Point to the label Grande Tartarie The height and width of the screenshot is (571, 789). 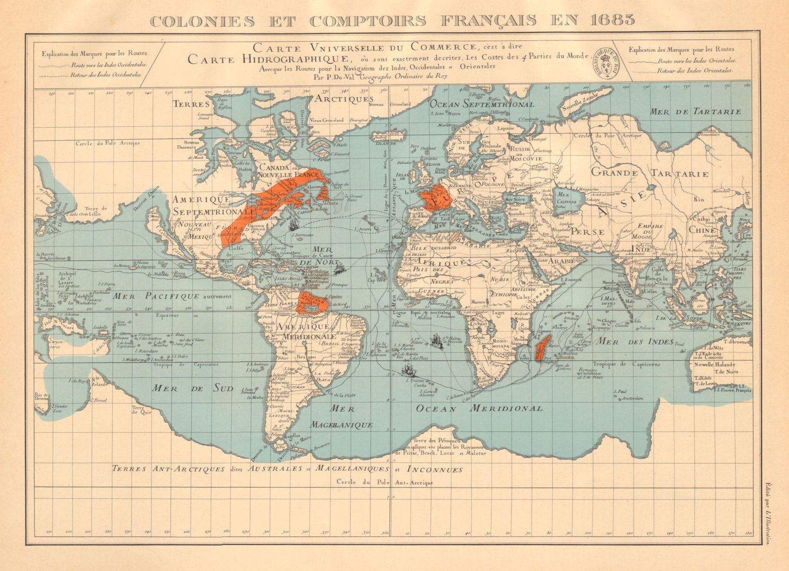point(649,173)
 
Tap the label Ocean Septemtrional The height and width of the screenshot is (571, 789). point(481,104)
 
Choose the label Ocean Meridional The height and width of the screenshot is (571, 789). point(479,408)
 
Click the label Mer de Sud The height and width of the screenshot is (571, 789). point(192,388)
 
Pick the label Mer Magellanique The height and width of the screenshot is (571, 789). point(342,417)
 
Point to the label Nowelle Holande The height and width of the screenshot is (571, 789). point(715,364)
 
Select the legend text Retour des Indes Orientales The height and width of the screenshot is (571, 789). point(695,71)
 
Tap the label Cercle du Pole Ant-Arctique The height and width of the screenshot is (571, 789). point(385,482)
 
